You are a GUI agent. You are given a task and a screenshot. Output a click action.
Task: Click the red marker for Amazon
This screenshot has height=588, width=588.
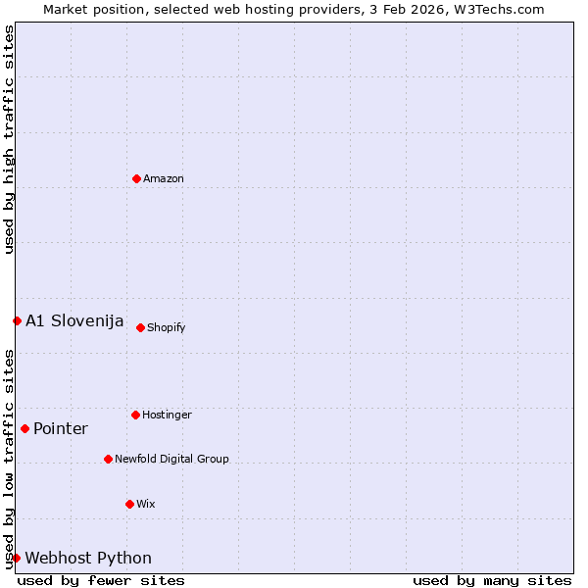tap(136, 178)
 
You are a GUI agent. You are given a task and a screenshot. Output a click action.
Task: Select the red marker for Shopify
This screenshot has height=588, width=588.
tap(140, 327)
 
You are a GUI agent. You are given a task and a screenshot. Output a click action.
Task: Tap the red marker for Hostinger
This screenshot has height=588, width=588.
tap(135, 415)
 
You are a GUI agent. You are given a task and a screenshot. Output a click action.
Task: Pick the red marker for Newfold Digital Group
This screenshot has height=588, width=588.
tap(108, 459)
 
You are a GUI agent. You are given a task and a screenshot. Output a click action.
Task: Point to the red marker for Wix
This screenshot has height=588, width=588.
tap(129, 504)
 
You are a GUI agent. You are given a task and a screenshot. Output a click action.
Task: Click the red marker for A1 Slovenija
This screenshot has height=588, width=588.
tap(17, 320)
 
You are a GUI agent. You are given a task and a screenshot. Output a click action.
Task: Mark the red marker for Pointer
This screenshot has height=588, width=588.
tap(24, 428)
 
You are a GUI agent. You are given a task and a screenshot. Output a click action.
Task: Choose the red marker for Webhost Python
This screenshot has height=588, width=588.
tap(17, 558)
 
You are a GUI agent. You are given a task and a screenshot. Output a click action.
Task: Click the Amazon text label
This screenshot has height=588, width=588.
tap(164, 179)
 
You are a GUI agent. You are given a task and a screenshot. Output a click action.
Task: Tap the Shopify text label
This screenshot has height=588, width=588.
tap(167, 328)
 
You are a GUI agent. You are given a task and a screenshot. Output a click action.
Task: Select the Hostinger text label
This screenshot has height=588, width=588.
tap(167, 416)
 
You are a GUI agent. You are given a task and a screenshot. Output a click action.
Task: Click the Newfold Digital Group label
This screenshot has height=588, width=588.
tap(171, 460)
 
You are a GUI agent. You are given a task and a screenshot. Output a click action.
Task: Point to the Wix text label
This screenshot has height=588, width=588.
tap(146, 505)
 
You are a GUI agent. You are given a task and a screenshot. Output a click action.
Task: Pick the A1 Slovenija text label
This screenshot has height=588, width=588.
tap(74, 321)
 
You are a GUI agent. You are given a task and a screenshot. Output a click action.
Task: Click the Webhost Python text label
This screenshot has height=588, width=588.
tap(88, 559)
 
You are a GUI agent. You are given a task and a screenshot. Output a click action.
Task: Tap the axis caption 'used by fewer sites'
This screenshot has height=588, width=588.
tap(101, 581)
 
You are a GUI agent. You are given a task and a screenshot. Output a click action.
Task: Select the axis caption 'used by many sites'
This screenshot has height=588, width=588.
tap(492, 581)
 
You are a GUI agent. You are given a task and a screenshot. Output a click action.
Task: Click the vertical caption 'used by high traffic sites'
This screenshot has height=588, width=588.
tap(9, 139)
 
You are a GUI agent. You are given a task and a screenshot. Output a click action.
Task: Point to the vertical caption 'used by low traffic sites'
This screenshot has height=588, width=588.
tap(9, 459)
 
